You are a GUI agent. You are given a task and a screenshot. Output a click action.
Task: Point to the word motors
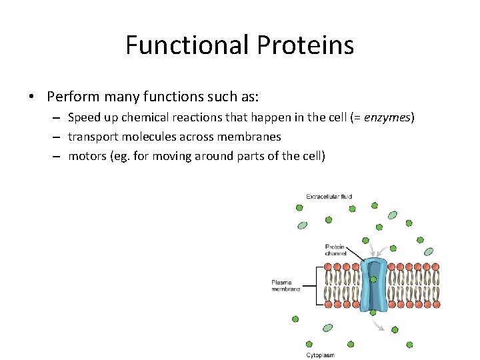point(86,156)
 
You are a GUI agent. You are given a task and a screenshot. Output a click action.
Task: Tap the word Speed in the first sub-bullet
point(84,118)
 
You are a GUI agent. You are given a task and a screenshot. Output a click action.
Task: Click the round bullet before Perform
point(32,97)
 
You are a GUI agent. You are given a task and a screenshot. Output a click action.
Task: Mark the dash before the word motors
point(55,157)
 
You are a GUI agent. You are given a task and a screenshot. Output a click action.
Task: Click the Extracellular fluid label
point(329,197)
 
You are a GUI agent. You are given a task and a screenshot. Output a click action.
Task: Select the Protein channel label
point(335,250)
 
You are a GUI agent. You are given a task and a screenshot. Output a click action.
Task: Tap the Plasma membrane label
point(285,285)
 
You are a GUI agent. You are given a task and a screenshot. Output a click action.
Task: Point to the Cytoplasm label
point(320,355)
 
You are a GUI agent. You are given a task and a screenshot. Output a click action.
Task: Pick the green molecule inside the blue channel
point(373,279)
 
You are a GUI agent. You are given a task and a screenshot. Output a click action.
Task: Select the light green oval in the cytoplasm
point(327,328)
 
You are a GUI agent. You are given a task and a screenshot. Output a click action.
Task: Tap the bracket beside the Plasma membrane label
point(316,285)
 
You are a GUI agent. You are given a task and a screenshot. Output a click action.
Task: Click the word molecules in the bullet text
point(147,137)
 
